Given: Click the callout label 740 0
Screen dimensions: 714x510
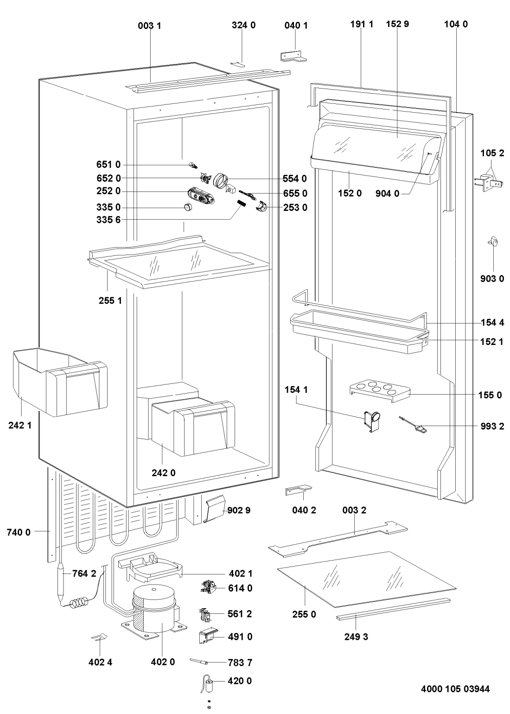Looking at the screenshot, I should coord(19,532).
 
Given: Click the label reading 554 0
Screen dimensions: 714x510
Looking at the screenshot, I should coord(294,178).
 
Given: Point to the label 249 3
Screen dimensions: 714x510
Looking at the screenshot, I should coord(356,637).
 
